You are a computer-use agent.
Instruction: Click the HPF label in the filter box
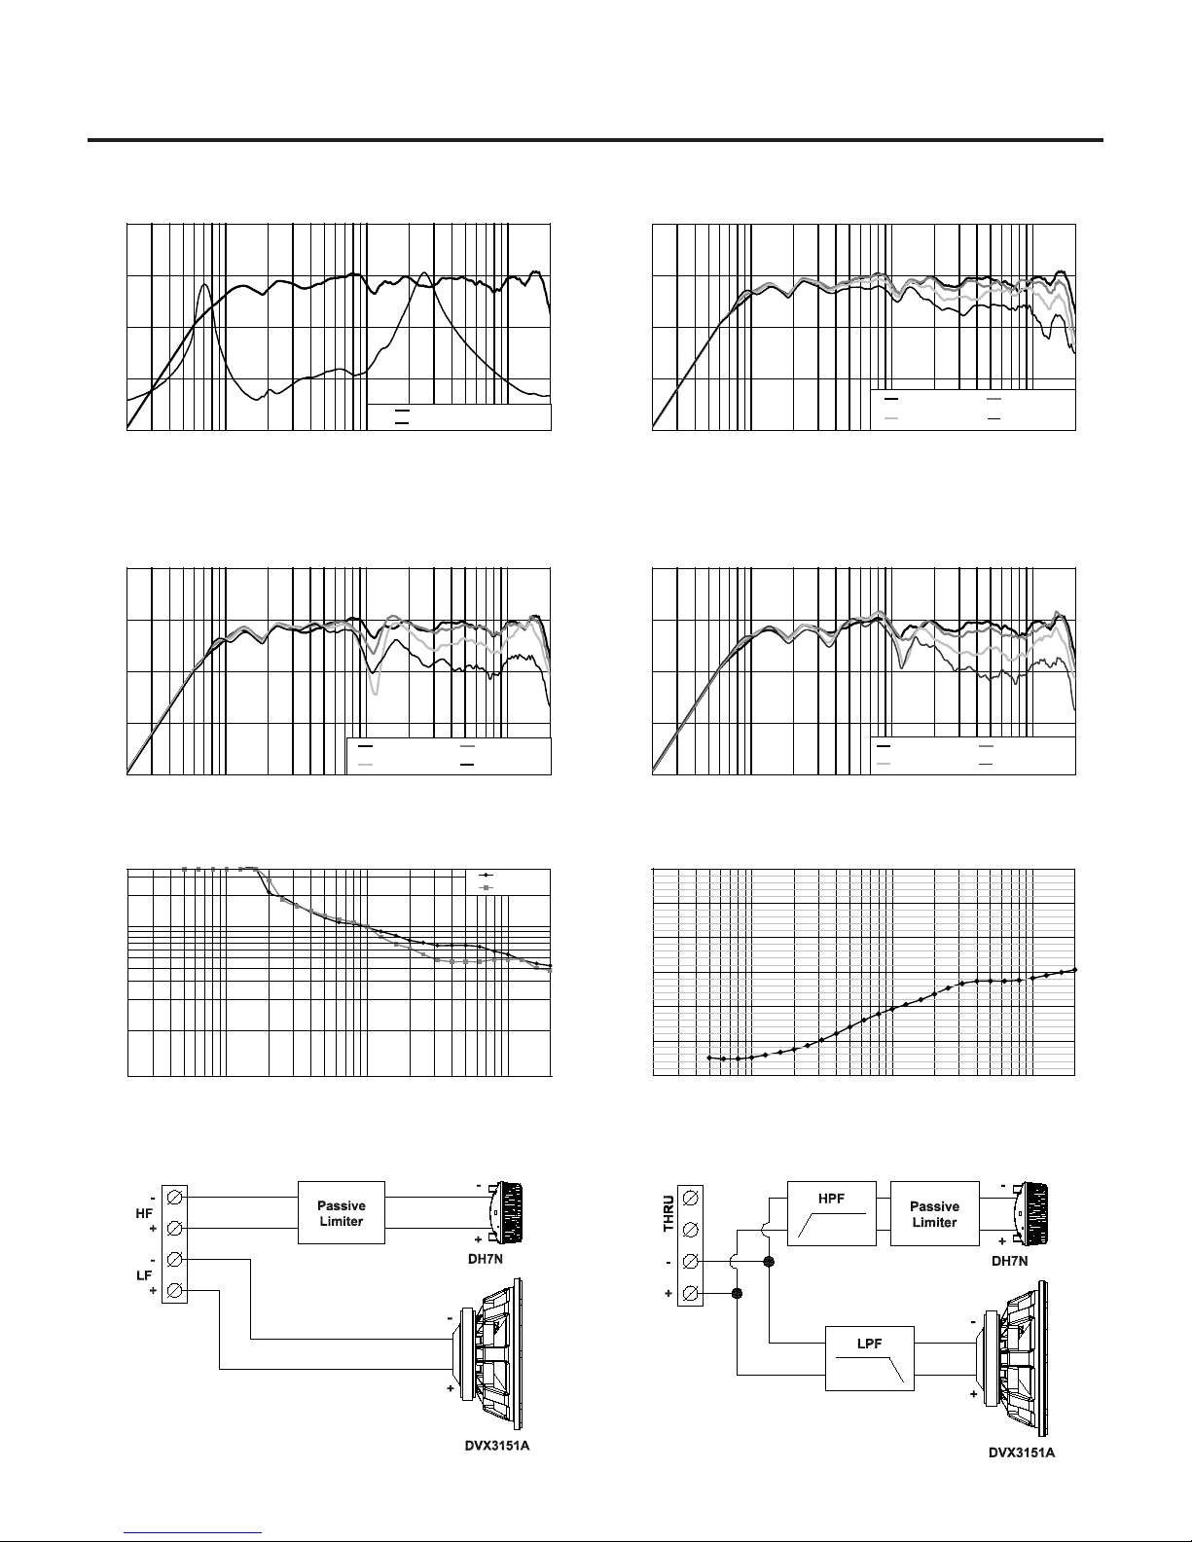831,1199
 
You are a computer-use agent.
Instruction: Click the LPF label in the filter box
869,1344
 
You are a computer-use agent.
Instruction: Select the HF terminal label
144,1214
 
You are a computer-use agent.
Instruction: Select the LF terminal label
143,1275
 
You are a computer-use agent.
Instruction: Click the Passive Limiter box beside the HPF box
934,1213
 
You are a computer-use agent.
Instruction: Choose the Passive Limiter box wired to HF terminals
342,1212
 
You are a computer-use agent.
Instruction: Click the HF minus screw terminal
174,1198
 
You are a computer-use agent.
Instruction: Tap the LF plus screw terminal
174,1291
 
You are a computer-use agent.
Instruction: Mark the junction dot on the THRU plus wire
737,1294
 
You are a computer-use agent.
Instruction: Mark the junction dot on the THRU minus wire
768,1262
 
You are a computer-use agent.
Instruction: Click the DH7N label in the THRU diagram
1010,1261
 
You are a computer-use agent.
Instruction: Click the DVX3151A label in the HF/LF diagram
497,1446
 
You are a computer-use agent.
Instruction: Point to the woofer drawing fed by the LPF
1016,1357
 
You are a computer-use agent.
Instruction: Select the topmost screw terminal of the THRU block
690,1198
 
